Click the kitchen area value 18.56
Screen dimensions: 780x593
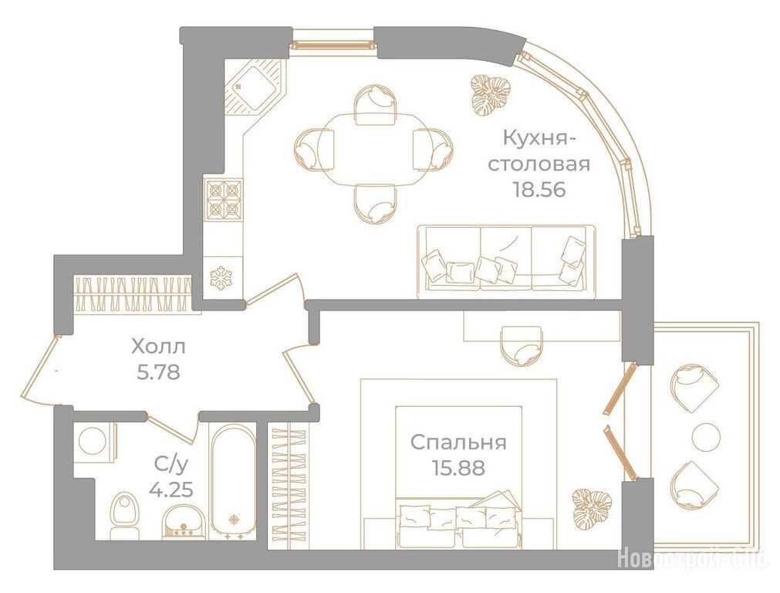point(540,190)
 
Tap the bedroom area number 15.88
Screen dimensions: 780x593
point(458,468)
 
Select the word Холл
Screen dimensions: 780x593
point(158,347)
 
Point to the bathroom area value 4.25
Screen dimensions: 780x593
point(171,490)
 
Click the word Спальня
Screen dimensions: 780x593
point(458,442)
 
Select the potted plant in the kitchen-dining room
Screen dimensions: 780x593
point(491,95)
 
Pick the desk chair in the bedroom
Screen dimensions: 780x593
point(522,346)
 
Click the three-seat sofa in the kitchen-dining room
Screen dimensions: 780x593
point(506,262)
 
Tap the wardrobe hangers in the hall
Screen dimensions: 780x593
point(133,293)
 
